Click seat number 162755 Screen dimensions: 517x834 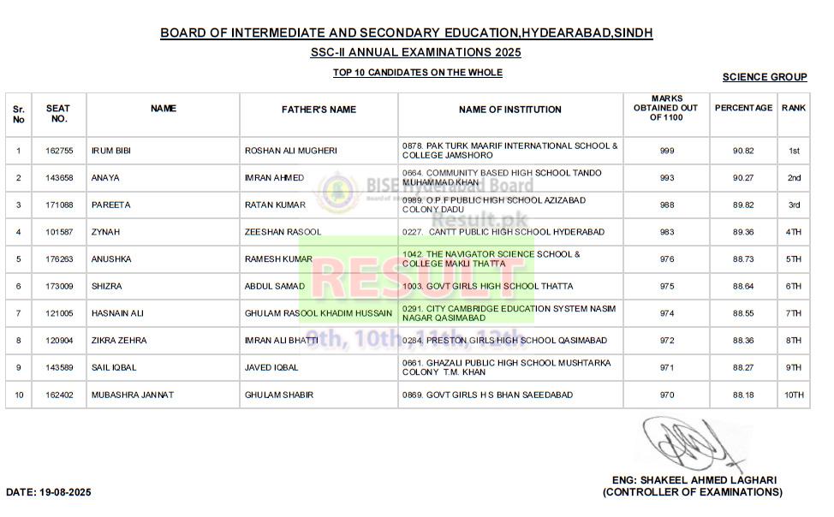(59, 151)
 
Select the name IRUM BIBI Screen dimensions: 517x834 (111, 151)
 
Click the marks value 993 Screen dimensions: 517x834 (667, 178)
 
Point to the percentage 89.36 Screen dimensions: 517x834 (743, 232)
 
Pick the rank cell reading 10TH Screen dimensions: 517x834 (794, 395)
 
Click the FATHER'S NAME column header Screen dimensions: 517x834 (319, 110)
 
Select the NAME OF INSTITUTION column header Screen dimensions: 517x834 (509, 110)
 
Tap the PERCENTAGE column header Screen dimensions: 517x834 (743, 109)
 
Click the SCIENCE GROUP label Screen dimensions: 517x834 (764, 77)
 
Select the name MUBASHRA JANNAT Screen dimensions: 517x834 (133, 395)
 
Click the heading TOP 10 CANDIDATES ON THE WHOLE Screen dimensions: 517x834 (417, 73)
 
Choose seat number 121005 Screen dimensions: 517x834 (59, 313)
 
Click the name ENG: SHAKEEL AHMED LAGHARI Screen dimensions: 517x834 (692, 481)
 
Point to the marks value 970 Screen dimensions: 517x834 (667, 395)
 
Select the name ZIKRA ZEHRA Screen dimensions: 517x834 (119, 341)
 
